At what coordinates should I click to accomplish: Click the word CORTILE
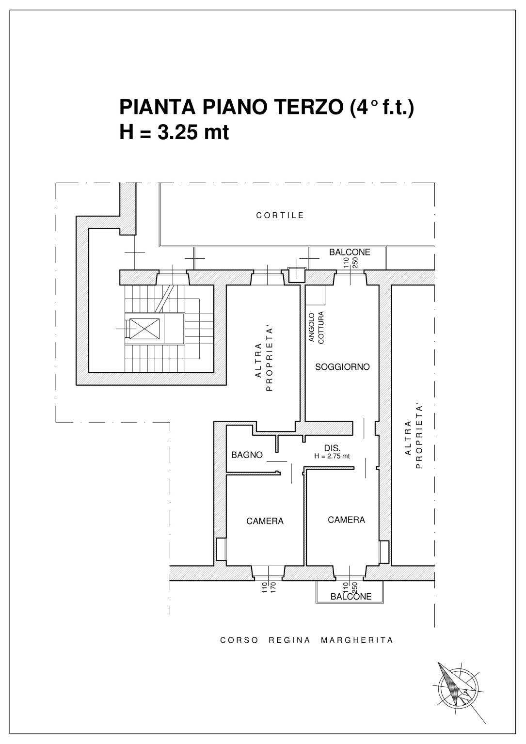tap(280, 216)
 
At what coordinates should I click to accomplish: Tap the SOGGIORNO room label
tap(342, 367)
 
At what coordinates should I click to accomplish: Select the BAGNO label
tap(247, 455)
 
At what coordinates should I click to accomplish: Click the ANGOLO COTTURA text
tap(316, 328)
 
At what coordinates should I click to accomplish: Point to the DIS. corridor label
tap(332, 448)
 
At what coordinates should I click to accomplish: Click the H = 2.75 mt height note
tap(332, 457)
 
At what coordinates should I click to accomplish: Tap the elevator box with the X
tap(144, 329)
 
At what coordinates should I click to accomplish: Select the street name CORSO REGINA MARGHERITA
tap(307, 640)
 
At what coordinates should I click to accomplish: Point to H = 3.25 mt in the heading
tap(174, 132)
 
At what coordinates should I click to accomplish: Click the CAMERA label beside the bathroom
tap(265, 521)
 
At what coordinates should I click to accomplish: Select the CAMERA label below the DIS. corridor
tap(346, 520)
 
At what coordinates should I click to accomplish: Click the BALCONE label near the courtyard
tap(350, 253)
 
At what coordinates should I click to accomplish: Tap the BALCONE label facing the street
tap(351, 597)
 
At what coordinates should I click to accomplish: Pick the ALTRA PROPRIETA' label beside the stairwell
tap(264, 360)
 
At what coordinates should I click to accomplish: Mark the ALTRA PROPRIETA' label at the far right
tap(414, 437)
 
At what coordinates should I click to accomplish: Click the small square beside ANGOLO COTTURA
tap(315, 295)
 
